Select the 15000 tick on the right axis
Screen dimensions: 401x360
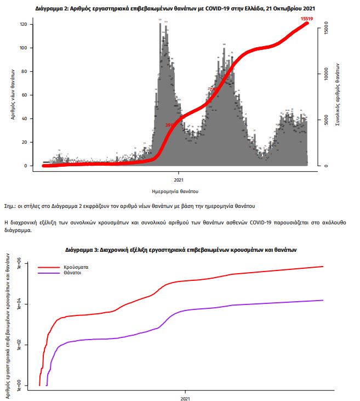pos(325,26)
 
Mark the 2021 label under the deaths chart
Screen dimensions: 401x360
pos(179,179)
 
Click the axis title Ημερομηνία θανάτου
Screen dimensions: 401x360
pos(175,191)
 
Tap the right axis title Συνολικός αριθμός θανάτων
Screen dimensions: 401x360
pos(339,95)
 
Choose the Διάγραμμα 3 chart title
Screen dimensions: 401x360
pos(180,249)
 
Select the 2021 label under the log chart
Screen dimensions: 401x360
pos(185,398)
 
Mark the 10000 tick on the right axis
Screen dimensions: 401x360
pos(325,73)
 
